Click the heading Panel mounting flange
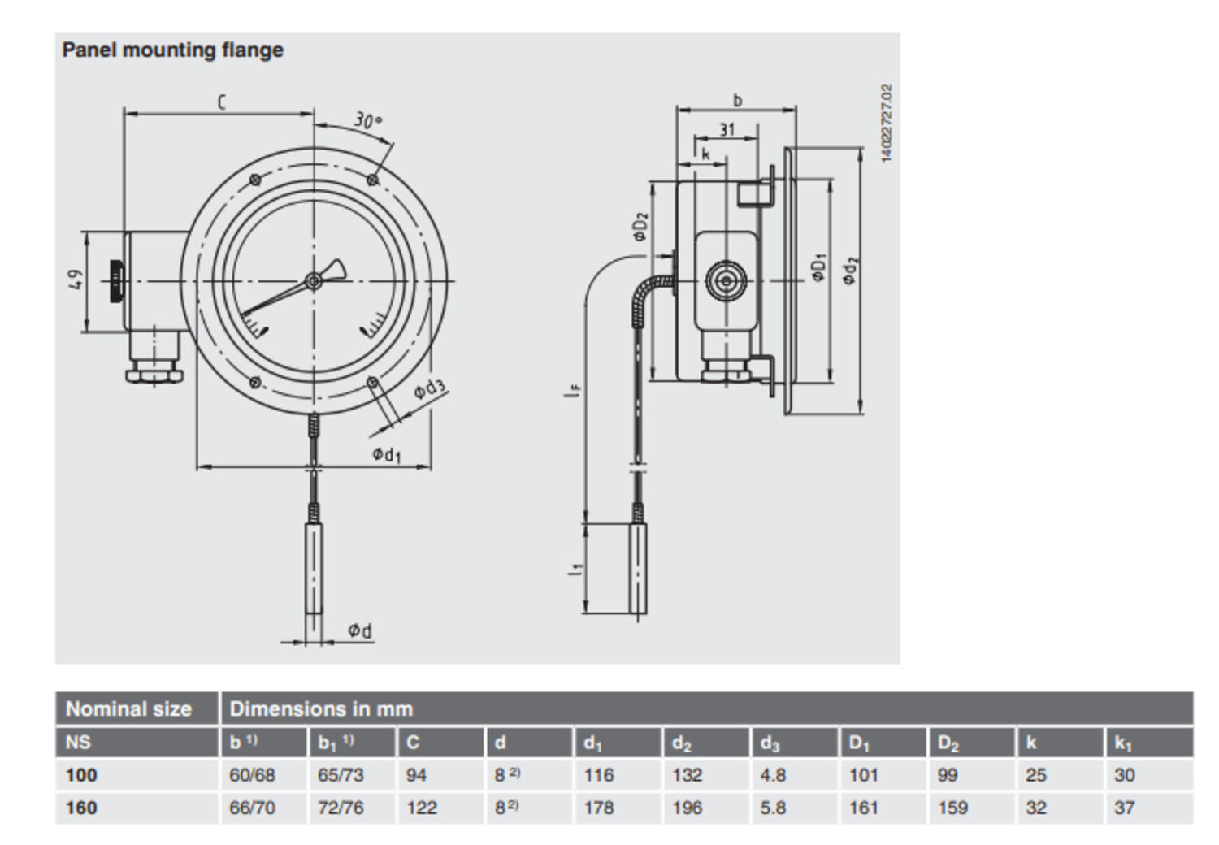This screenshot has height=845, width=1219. pyautogui.click(x=172, y=50)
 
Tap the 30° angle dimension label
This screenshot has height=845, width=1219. pyautogui.click(x=367, y=120)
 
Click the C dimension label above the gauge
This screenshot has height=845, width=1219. pyautogui.click(x=221, y=102)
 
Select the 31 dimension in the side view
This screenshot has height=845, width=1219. pyautogui.click(x=727, y=129)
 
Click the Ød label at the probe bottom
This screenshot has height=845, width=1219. pyautogui.click(x=360, y=630)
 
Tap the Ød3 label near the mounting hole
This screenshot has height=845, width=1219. pyautogui.click(x=429, y=389)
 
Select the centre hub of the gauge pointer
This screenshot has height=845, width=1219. pyautogui.click(x=313, y=281)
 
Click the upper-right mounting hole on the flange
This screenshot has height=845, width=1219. pyautogui.click(x=373, y=180)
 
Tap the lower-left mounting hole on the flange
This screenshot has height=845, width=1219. pyautogui.click(x=254, y=383)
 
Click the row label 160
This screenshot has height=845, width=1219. pyautogui.click(x=81, y=808)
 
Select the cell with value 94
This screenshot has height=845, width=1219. pyautogui.click(x=416, y=775)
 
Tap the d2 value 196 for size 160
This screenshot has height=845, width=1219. pyautogui.click(x=687, y=808)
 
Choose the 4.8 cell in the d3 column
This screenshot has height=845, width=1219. pyautogui.click(x=773, y=775)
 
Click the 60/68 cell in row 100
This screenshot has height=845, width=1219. pyautogui.click(x=252, y=775)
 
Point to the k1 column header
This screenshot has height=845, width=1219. pyautogui.click(x=1123, y=743)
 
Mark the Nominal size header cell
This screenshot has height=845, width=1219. pyautogui.click(x=128, y=708)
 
